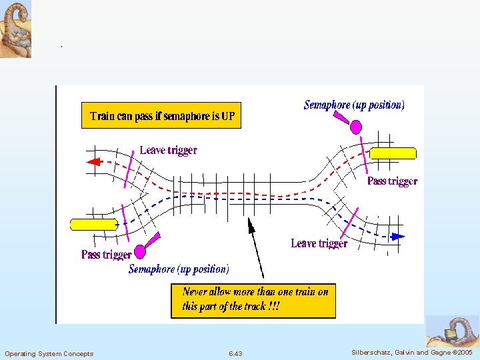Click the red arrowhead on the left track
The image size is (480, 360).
click(93, 161)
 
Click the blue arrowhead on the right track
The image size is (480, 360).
click(398, 236)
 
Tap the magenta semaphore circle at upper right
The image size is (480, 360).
click(356, 127)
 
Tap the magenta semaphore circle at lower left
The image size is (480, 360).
click(140, 251)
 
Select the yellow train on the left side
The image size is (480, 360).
click(94, 224)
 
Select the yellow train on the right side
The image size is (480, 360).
click(393, 153)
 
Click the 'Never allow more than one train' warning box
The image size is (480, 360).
click(253, 300)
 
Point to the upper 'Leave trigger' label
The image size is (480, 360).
click(168, 151)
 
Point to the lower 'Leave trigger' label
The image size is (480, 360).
click(319, 244)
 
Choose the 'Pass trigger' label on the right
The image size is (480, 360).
click(392, 181)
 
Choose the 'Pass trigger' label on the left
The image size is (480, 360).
click(106, 255)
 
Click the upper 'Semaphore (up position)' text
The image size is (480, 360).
click(353, 105)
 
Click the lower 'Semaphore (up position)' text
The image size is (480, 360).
click(179, 269)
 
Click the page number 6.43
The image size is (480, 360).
click(235, 353)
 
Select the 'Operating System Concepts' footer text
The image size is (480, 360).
click(49, 353)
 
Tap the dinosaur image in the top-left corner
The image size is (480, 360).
click(15, 29)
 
